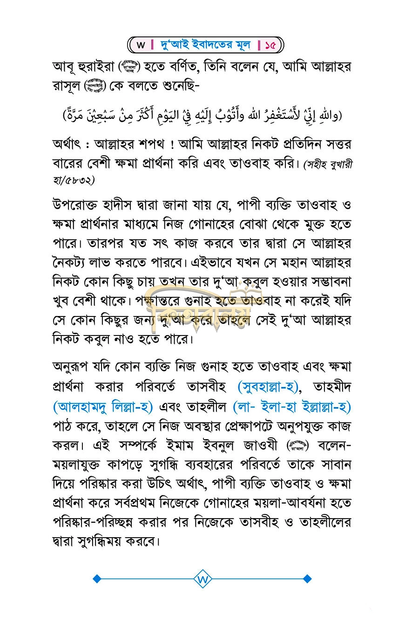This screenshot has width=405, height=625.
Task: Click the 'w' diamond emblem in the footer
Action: tap(202, 579)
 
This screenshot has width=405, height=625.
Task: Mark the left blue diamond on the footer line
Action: tap(97, 579)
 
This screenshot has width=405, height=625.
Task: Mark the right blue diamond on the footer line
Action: tap(307, 579)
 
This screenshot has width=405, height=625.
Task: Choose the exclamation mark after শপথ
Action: tap(173, 145)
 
